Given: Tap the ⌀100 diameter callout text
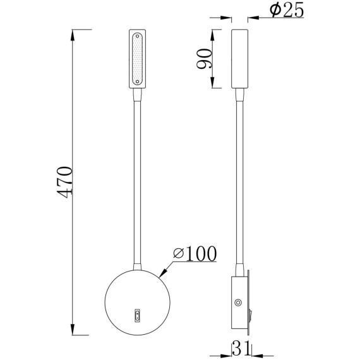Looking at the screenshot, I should (x=194, y=253).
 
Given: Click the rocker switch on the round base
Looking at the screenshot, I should (x=136, y=313).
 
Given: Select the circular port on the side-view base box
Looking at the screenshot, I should (x=238, y=303).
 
